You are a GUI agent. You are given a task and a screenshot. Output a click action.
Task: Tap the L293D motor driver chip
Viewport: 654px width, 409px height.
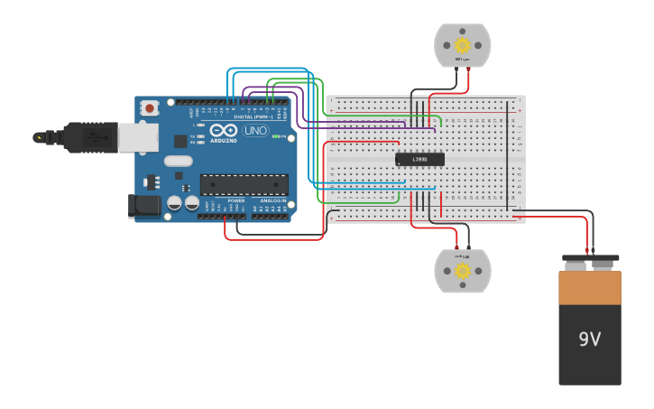[x=419, y=160]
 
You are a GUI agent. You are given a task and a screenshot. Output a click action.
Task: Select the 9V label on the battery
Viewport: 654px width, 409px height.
[x=589, y=339]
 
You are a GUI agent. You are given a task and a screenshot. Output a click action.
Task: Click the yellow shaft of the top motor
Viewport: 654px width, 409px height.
[x=463, y=45]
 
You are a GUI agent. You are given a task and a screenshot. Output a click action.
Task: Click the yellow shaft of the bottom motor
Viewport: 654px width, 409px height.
[x=463, y=271]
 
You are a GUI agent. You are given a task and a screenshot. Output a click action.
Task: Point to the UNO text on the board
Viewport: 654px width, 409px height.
[x=255, y=131]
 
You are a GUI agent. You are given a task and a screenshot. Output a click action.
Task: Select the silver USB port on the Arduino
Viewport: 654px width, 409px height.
[x=138, y=137]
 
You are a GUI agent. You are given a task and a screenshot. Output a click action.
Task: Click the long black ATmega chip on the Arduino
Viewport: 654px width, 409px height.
[x=244, y=184]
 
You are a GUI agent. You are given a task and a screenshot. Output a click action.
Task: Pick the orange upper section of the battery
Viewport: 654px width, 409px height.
[x=590, y=288]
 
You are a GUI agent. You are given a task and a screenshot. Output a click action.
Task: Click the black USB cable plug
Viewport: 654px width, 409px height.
[x=91, y=137]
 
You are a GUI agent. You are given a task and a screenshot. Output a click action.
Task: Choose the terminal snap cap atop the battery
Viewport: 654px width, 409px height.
[x=590, y=262]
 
